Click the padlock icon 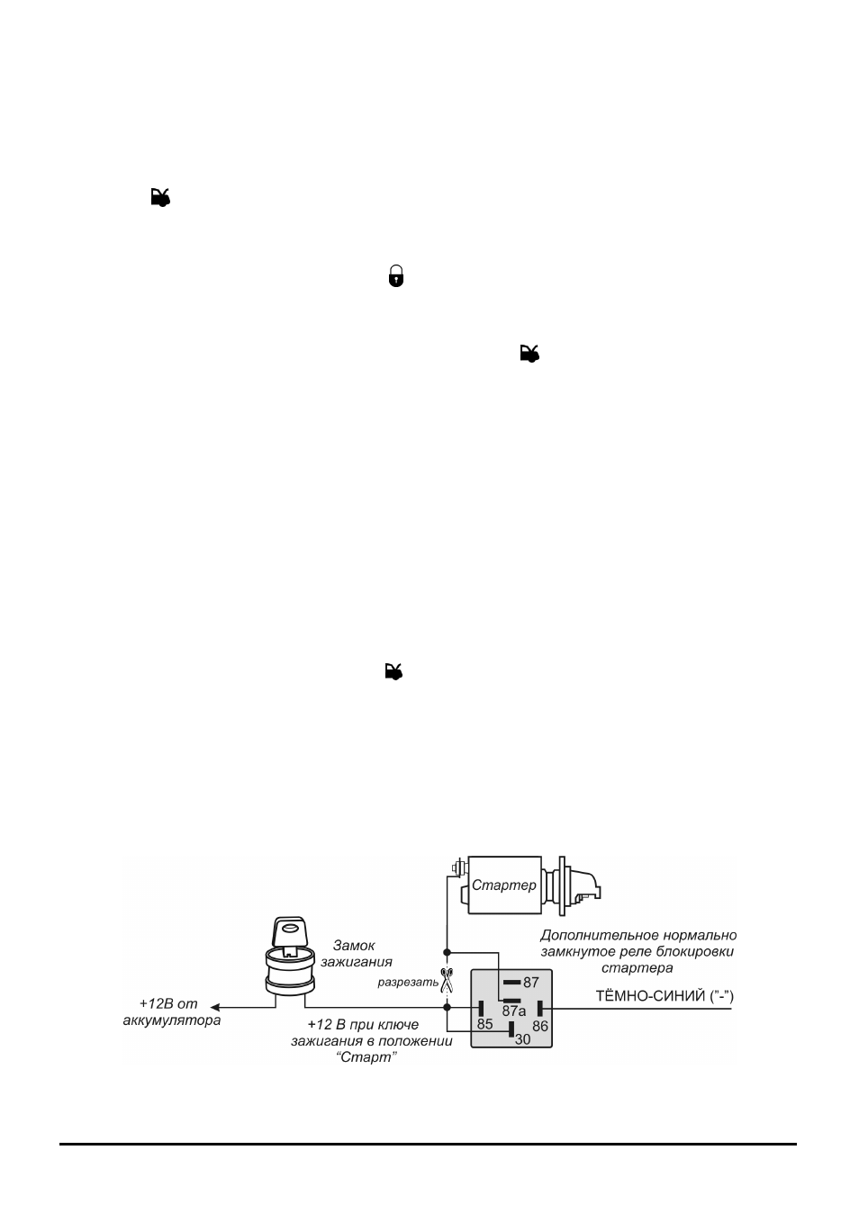click(x=396, y=275)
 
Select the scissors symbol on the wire click(x=447, y=980)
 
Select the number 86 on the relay click(x=539, y=1026)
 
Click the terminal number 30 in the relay click(x=522, y=1039)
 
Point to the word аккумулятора click(x=172, y=1020)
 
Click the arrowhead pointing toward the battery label click(x=215, y=1007)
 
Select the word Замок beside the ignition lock click(x=354, y=946)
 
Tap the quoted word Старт click(x=366, y=1057)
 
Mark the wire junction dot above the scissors click(x=447, y=952)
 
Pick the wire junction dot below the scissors click(x=447, y=1007)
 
